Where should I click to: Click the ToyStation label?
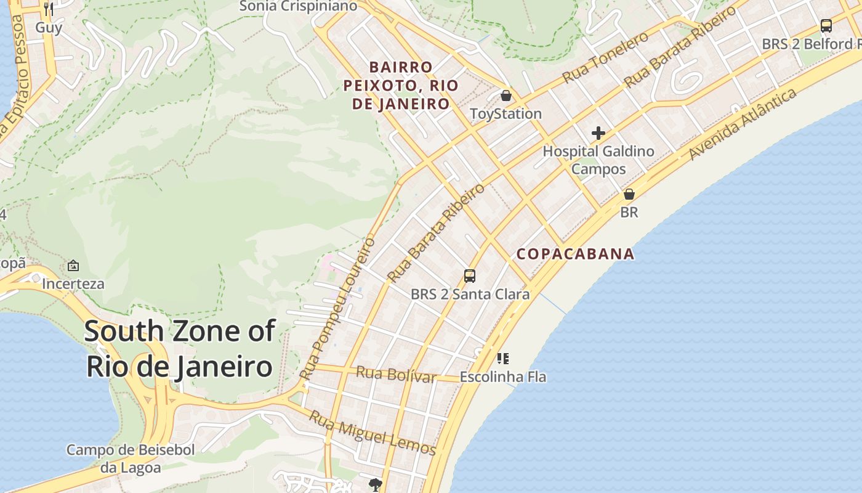pyautogui.click(x=506, y=114)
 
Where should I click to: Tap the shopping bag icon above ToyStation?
pyautogui.click(x=506, y=96)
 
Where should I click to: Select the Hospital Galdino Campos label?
pyautogui.click(x=598, y=160)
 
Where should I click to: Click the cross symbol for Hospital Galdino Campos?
pyautogui.click(x=598, y=133)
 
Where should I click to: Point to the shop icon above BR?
pyautogui.click(x=629, y=194)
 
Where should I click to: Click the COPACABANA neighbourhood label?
pyautogui.click(x=575, y=254)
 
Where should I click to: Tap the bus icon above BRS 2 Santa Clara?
pyautogui.click(x=470, y=275)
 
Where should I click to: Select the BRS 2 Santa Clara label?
pyautogui.click(x=470, y=294)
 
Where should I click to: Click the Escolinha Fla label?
pyautogui.click(x=503, y=377)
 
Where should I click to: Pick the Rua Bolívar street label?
pyautogui.click(x=396, y=374)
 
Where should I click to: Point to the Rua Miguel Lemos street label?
pyautogui.click(x=373, y=433)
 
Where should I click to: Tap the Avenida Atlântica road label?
pyautogui.click(x=743, y=124)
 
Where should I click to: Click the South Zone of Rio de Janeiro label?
pyautogui.click(x=179, y=349)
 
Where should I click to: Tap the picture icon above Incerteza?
pyautogui.click(x=73, y=266)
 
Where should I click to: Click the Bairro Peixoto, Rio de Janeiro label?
pyautogui.click(x=401, y=85)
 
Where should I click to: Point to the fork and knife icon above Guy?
pyautogui.click(x=49, y=9)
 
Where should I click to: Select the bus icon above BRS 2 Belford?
pyautogui.click(x=826, y=26)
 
